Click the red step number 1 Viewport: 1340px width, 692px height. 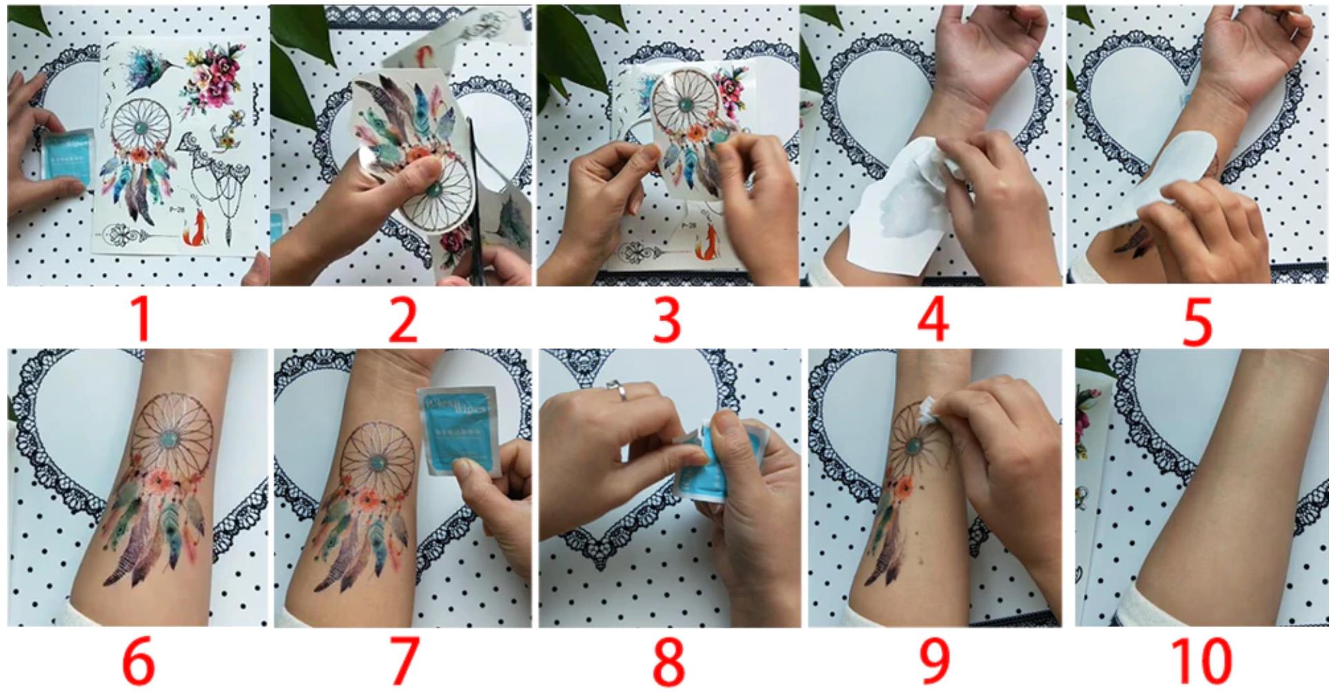(x=141, y=319)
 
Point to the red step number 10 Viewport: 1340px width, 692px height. (x=1202, y=661)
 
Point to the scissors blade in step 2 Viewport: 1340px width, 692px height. (x=474, y=180)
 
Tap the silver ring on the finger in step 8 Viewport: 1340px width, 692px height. (x=619, y=390)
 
